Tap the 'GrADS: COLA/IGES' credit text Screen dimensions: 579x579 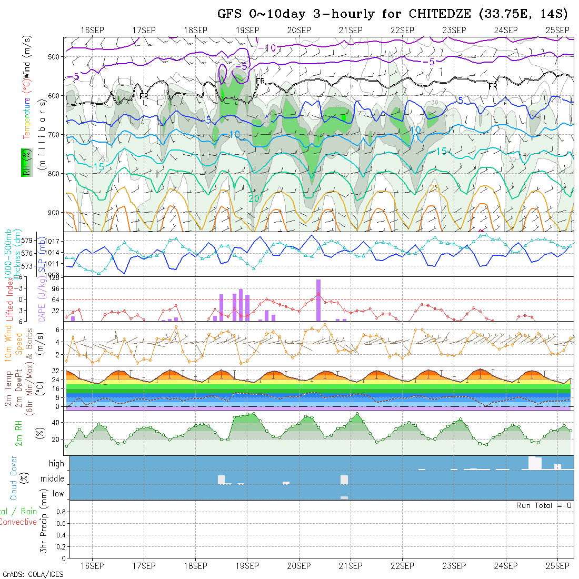[x=33, y=574]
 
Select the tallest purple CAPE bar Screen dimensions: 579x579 [x=318, y=300]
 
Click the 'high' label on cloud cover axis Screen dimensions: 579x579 [x=56, y=464]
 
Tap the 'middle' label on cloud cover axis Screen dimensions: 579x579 [x=52, y=479]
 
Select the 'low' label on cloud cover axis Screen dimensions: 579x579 [x=58, y=494]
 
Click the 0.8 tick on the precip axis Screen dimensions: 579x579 [x=61, y=512]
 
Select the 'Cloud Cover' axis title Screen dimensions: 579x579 [x=14, y=478]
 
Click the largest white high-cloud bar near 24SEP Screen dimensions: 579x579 [x=535, y=463]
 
